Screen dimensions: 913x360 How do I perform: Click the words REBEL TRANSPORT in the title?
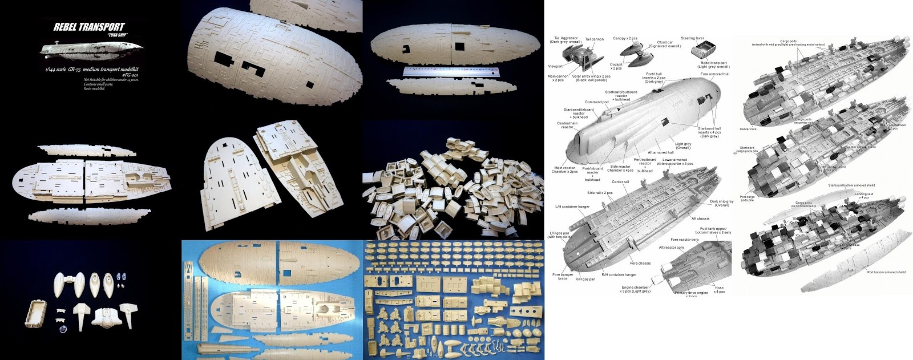tap(89, 27)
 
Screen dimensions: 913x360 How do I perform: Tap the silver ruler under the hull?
tap(451, 71)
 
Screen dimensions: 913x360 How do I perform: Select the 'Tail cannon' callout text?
tap(594, 39)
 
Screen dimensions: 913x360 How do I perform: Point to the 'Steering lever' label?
tap(692, 38)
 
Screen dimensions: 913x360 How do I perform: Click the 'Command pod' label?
tap(596, 102)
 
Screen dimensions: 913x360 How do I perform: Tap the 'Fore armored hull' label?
tap(714, 74)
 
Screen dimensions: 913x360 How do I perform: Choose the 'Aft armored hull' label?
tap(660, 152)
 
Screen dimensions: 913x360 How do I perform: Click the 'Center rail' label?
tap(620, 182)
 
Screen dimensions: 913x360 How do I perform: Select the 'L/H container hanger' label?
tap(572, 207)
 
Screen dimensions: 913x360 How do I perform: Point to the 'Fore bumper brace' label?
tap(563, 276)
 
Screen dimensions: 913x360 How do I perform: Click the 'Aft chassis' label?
tap(700, 219)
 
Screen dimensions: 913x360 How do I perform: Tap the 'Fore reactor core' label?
tap(684, 240)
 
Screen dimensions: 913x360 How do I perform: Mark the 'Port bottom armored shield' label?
tap(886, 272)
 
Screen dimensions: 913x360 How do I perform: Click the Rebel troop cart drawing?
tap(703, 51)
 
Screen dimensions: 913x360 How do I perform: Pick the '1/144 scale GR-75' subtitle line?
tap(92, 70)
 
